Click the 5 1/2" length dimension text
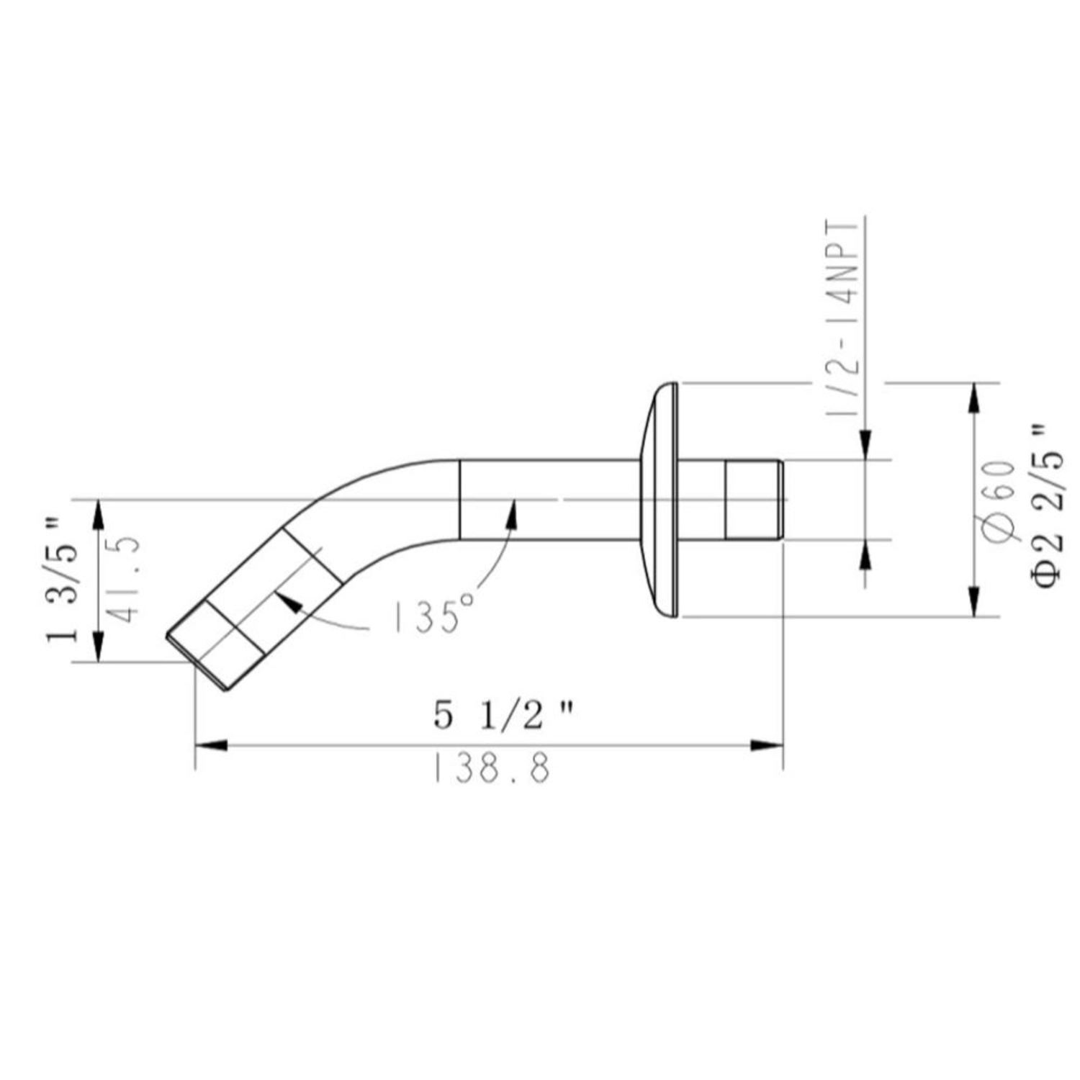click(504, 716)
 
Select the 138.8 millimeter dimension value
click(492, 769)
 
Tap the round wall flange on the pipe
click(660, 499)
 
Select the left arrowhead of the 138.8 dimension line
click(211, 746)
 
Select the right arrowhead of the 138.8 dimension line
click(768, 746)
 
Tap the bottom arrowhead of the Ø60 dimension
click(974, 602)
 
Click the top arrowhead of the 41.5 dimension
click(99, 514)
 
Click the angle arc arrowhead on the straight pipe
click(512, 510)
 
